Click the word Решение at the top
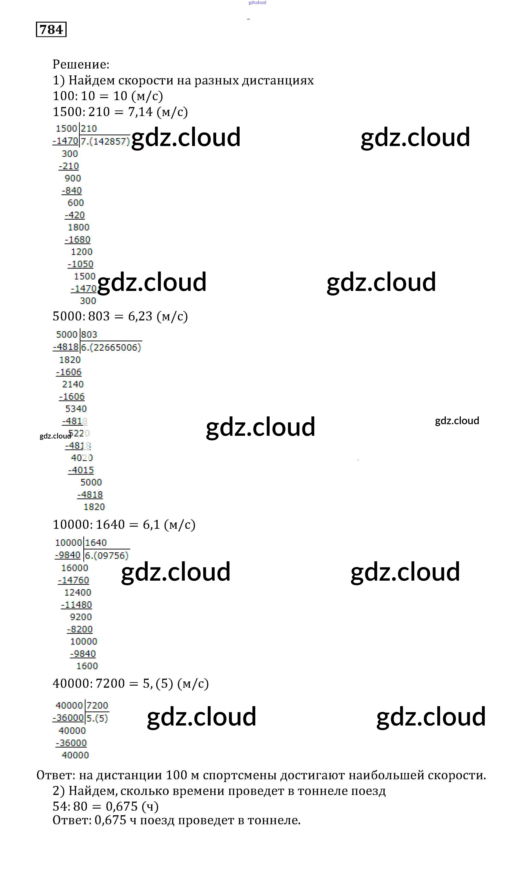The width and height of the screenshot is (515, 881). click(80, 64)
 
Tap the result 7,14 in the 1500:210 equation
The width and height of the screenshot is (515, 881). click(140, 112)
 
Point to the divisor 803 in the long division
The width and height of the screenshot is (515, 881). click(89, 334)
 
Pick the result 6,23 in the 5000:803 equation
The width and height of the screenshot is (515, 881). click(140, 317)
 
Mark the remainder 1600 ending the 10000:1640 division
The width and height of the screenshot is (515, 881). click(87, 666)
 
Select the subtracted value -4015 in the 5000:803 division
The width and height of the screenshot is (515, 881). click(81, 470)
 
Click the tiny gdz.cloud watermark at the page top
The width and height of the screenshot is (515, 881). click(257, 3)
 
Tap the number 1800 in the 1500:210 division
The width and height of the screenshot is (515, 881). click(79, 227)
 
